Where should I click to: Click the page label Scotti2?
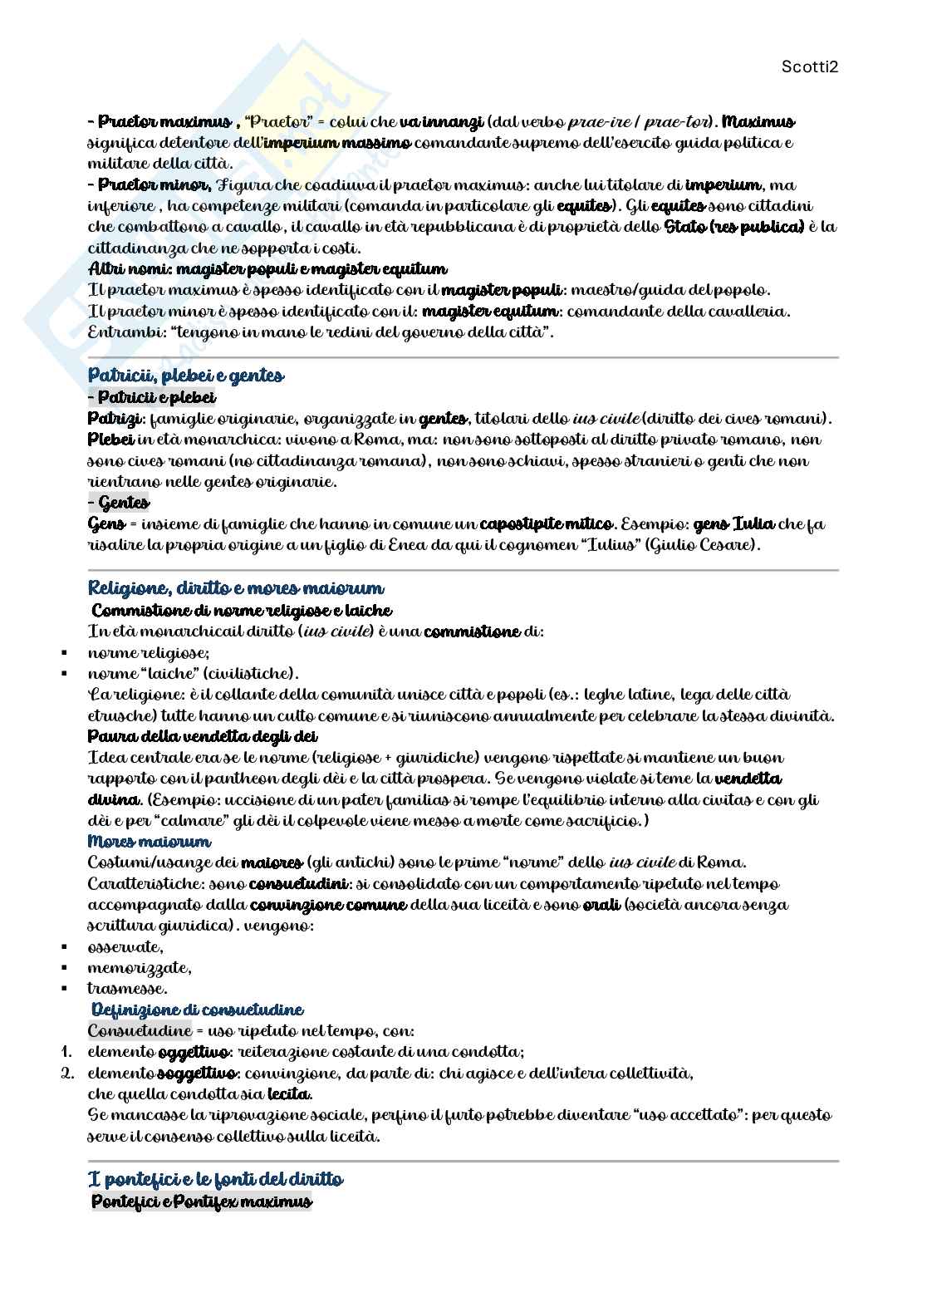pyautogui.click(x=810, y=66)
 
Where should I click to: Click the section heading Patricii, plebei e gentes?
pyautogui.click(x=186, y=376)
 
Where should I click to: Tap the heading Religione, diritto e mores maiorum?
pyautogui.click(x=236, y=588)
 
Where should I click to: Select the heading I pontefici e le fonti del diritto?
pyautogui.click(x=215, y=1179)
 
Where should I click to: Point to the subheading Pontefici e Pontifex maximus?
pyautogui.click(x=201, y=1201)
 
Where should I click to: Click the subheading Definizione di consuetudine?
pyautogui.click(x=197, y=1010)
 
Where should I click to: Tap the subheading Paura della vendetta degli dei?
pyautogui.click(x=203, y=736)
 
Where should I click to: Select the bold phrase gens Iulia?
pyautogui.click(x=733, y=524)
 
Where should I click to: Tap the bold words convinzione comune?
pyautogui.click(x=328, y=904)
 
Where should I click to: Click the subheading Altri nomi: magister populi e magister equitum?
pyautogui.click(x=267, y=269)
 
